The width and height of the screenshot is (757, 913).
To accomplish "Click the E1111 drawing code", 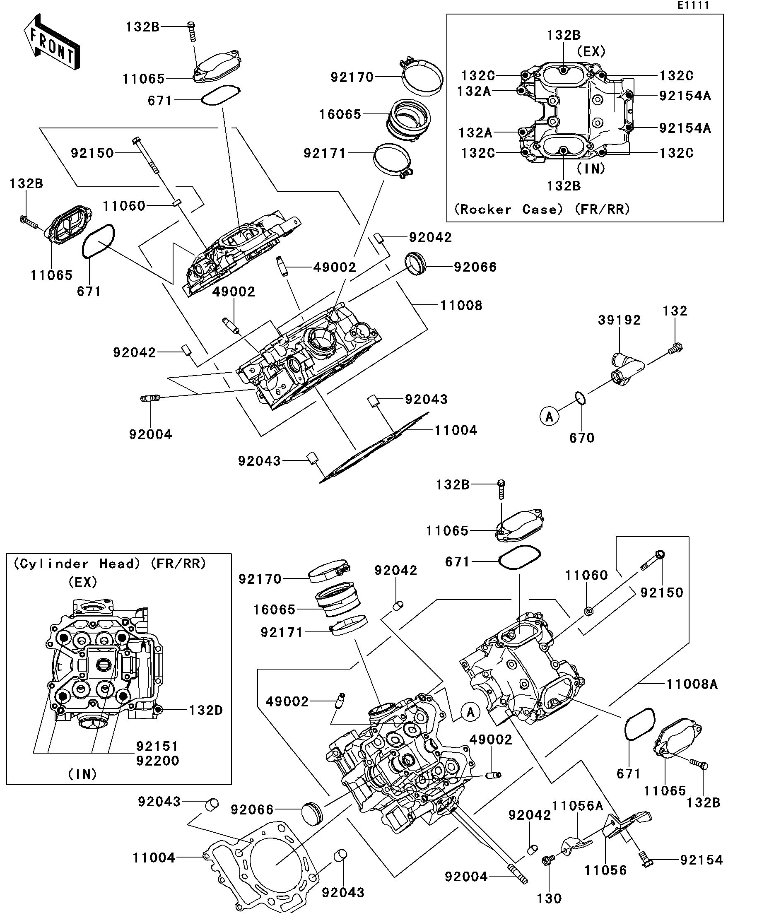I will pyautogui.click(x=693, y=5).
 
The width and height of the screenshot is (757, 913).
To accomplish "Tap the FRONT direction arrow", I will pyautogui.click(x=52, y=42).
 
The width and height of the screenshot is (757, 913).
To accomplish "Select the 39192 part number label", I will pyautogui.click(x=619, y=320).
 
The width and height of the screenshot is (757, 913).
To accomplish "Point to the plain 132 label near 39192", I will pyautogui.click(x=675, y=311).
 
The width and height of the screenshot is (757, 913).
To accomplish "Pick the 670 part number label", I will pyautogui.click(x=582, y=438).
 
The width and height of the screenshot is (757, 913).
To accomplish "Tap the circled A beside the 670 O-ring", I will pyautogui.click(x=549, y=417).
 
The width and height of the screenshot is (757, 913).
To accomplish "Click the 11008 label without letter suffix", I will pyautogui.click(x=461, y=306).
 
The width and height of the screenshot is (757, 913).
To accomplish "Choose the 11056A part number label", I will pyautogui.click(x=577, y=806).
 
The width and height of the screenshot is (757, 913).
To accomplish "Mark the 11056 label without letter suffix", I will pyautogui.click(x=605, y=870).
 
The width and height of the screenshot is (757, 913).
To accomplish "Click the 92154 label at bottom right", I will pyautogui.click(x=702, y=860).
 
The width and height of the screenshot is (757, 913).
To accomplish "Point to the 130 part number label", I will pyautogui.click(x=549, y=898).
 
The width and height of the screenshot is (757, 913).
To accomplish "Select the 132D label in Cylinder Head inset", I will pyautogui.click(x=206, y=711).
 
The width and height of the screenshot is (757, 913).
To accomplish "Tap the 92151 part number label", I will pyautogui.click(x=157, y=747).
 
